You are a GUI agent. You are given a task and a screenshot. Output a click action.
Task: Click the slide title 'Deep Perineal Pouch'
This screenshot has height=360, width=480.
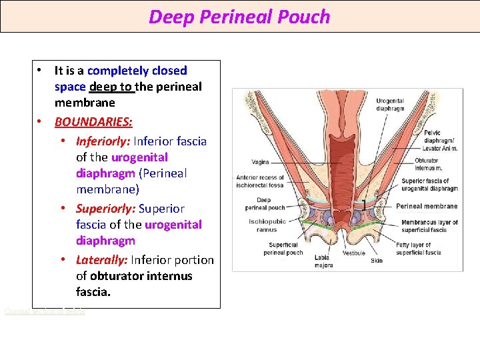point(239,17)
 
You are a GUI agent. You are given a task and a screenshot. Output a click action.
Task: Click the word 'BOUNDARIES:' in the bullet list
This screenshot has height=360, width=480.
point(93,122)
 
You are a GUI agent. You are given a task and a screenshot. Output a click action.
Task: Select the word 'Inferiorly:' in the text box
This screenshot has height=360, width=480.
point(103,141)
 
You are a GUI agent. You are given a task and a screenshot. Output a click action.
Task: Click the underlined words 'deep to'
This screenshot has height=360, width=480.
point(111,87)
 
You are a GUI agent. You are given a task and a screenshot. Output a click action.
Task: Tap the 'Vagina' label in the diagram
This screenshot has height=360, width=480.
point(261,161)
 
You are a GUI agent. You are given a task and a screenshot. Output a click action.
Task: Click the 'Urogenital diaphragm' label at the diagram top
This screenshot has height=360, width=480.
point(390,105)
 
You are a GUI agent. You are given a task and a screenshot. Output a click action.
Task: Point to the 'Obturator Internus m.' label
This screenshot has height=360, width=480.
point(426,163)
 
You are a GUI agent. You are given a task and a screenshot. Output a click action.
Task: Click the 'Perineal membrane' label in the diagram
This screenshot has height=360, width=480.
point(427,206)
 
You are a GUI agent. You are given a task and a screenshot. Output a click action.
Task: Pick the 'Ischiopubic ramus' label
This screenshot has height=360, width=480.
point(267,225)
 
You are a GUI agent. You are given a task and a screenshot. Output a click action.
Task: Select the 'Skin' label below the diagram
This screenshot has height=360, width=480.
point(377,261)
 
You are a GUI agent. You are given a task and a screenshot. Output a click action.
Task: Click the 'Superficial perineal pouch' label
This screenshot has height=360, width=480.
point(283,249)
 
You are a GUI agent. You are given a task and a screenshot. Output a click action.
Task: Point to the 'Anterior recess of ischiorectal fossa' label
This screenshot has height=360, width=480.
point(260,181)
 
